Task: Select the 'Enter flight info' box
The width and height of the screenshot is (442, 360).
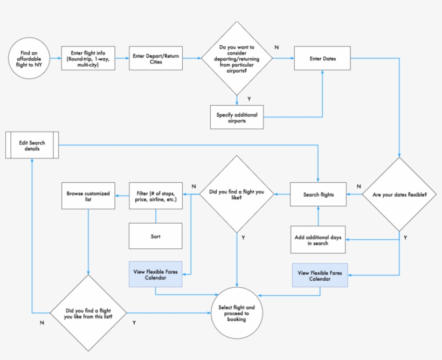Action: (x=87, y=58)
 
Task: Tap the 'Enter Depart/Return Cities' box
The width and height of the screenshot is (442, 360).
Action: (x=156, y=58)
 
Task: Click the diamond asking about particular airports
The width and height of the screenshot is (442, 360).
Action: (x=237, y=58)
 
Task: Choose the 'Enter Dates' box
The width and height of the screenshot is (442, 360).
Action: (x=322, y=58)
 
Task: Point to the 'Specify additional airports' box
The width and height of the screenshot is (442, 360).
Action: (x=237, y=117)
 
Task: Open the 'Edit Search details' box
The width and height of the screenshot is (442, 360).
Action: (x=32, y=146)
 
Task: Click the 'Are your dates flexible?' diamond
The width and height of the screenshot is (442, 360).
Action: (x=399, y=194)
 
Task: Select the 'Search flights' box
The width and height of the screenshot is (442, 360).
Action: (x=318, y=194)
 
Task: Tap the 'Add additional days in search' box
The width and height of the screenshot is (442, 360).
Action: (x=318, y=240)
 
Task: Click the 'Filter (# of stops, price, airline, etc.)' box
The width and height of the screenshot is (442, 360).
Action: (x=156, y=195)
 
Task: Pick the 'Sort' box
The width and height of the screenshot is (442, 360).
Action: (x=155, y=236)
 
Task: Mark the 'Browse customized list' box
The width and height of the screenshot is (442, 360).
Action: (x=88, y=195)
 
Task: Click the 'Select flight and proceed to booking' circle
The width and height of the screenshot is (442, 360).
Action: (x=237, y=313)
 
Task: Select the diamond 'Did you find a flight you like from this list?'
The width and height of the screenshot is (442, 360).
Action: (x=88, y=313)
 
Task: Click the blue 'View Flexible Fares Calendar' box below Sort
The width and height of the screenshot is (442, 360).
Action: (x=155, y=274)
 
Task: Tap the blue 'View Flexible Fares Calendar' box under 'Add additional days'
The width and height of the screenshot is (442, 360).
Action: (x=320, y=275)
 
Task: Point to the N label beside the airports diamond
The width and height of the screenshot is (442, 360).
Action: (x=277, y=47)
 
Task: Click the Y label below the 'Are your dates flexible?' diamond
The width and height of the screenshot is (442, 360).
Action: (x=405, y=237)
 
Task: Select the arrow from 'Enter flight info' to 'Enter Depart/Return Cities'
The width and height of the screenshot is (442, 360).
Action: (x=121, y=58)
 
